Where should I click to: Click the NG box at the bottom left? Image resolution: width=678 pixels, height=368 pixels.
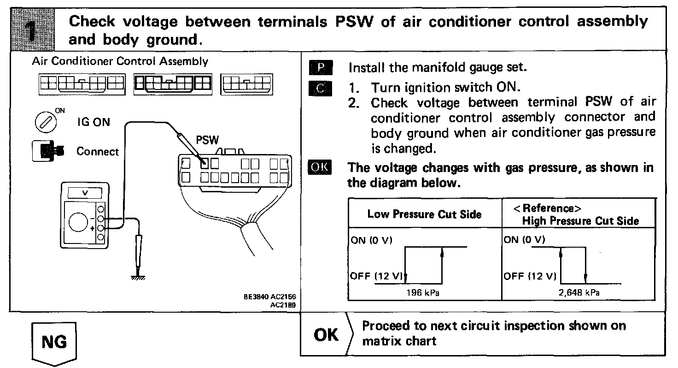point(54,342)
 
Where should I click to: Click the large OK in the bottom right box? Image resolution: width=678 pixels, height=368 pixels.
point(326,334)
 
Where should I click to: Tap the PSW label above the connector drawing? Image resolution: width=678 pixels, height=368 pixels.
point(207,139)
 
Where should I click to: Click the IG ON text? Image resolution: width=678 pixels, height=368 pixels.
point(93,123)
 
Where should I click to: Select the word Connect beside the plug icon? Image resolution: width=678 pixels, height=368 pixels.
point(98,152)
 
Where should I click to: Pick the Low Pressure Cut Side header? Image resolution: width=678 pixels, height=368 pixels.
point(424,214)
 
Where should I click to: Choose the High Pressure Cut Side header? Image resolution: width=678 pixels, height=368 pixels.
point(580,221)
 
